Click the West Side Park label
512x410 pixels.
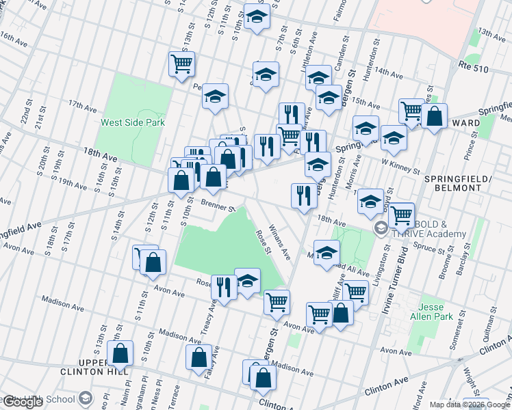133,123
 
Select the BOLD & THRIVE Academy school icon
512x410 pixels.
380,228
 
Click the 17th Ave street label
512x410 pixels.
82,106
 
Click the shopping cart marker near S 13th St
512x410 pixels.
182,64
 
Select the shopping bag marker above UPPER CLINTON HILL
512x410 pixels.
120,354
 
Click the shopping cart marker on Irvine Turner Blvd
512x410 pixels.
402,214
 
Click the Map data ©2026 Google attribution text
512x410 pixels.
470,405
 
